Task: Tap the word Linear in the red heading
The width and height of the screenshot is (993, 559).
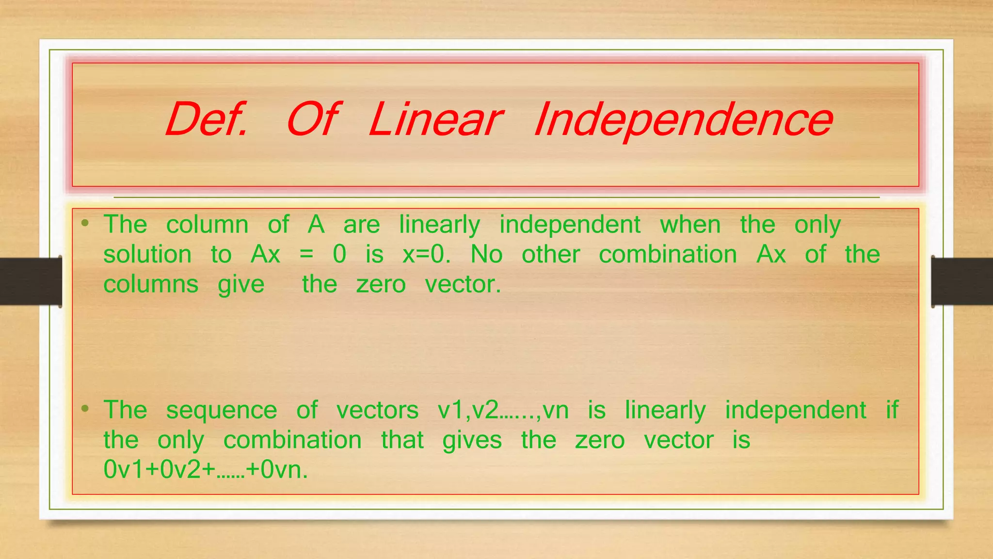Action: [x=435, y=119]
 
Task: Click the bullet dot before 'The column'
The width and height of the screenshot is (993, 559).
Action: [x=85, y=223]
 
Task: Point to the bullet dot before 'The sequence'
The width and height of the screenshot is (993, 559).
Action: [x=85, y=409]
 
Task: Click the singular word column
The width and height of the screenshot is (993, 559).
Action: [x=207, y=225]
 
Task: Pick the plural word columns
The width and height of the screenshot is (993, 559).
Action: [x=151, y=284]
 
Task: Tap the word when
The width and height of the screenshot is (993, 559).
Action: [x=690, y=225]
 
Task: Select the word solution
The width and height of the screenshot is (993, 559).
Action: [x=147, y=254]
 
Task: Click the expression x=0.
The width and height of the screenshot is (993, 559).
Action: [x=426, y=254]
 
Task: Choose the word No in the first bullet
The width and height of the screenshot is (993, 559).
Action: [x=486, y=254]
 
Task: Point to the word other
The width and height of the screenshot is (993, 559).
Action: [x=551, y=254]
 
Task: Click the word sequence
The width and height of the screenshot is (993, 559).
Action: [x=222, y=411]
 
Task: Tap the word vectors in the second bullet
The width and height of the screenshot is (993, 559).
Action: [x=377, y=410]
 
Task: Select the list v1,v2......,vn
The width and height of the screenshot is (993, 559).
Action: [x=503, y=410]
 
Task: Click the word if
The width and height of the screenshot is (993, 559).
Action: [x=892, y=410]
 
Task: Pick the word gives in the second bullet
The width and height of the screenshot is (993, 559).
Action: [x=472, y=441]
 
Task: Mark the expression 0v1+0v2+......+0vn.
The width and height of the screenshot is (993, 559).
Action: [x=206, y=470]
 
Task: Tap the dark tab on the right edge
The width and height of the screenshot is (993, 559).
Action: [x=962, y=281]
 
